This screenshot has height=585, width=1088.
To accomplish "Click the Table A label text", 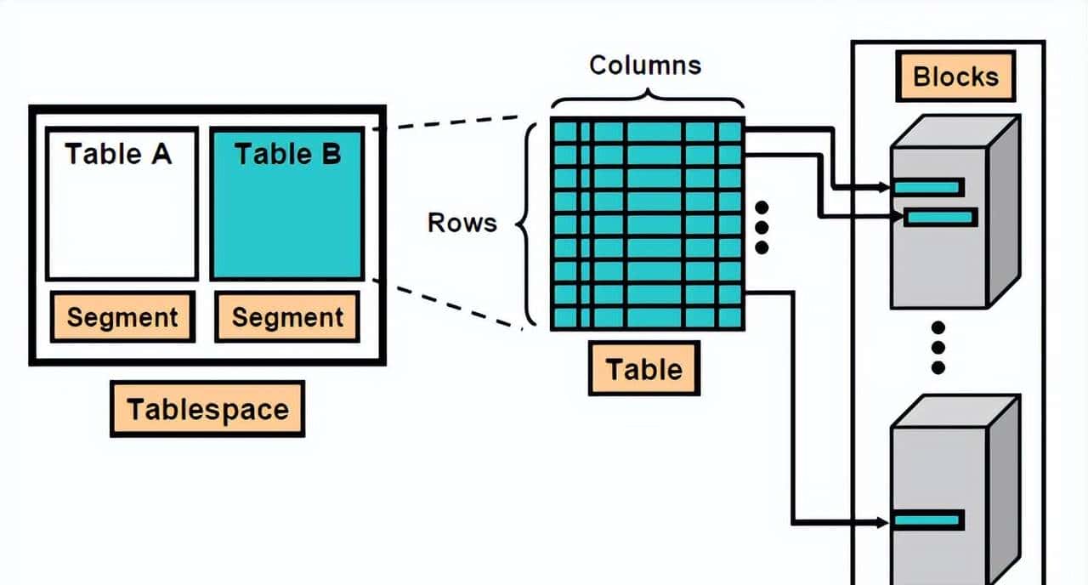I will (118, 154).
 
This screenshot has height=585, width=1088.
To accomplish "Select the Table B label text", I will (287, 154).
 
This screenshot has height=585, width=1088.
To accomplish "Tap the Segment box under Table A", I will (122, 317).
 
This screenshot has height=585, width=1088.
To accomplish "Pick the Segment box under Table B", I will (287, 317).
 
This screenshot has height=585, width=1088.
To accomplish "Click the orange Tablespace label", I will (207, 410).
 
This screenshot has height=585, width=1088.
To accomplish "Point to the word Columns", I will (645, 65).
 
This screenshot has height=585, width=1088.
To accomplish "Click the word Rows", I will (462, 223).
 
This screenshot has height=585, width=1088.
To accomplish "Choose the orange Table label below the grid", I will (643, 369).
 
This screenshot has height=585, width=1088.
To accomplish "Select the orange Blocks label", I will (955, 77).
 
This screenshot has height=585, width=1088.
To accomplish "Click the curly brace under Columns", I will (647, 100).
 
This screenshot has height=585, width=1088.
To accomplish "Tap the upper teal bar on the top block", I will (928, 187).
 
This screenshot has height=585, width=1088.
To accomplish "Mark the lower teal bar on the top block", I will (941, 218).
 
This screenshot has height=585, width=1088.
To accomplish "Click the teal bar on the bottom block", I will (928, 520).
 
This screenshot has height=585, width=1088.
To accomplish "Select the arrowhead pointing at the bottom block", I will (884, 520).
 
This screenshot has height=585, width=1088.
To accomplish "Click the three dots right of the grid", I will (762, 227).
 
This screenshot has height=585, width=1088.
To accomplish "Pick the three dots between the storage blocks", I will (938, 348).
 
